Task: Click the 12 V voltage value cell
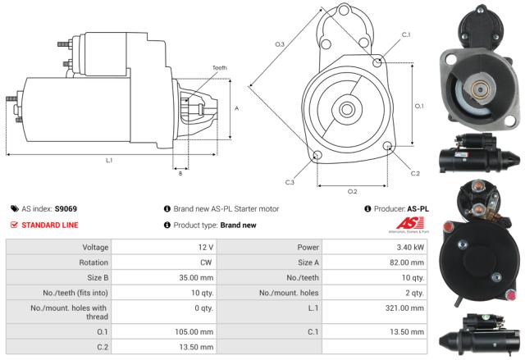pyautogui.click(x=204, y=247)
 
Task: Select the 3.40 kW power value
pyautogui.click(x=408, y=247)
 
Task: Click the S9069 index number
pyautogui.click(x=66, y=209)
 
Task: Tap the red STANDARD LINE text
pyautogui.click(x=50, y=224)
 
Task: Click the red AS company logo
pyautogui.click(x=407, y=224)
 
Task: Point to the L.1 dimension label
pyautogui.click(x=109, y=160)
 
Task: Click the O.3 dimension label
pyautogui.click(x=280, y=43)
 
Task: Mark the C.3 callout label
pyautogui.click(x=290, y=182)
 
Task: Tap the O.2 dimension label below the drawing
pyautogui.click(x=353, y=192)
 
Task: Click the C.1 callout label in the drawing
pyautogui.click(x=406, y=34)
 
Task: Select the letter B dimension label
pyautogui.click(x=180, y=173)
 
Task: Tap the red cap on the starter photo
pyautogui.click(x=448, y=224)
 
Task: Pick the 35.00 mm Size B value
pyautogui.click(x=199, y=278)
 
